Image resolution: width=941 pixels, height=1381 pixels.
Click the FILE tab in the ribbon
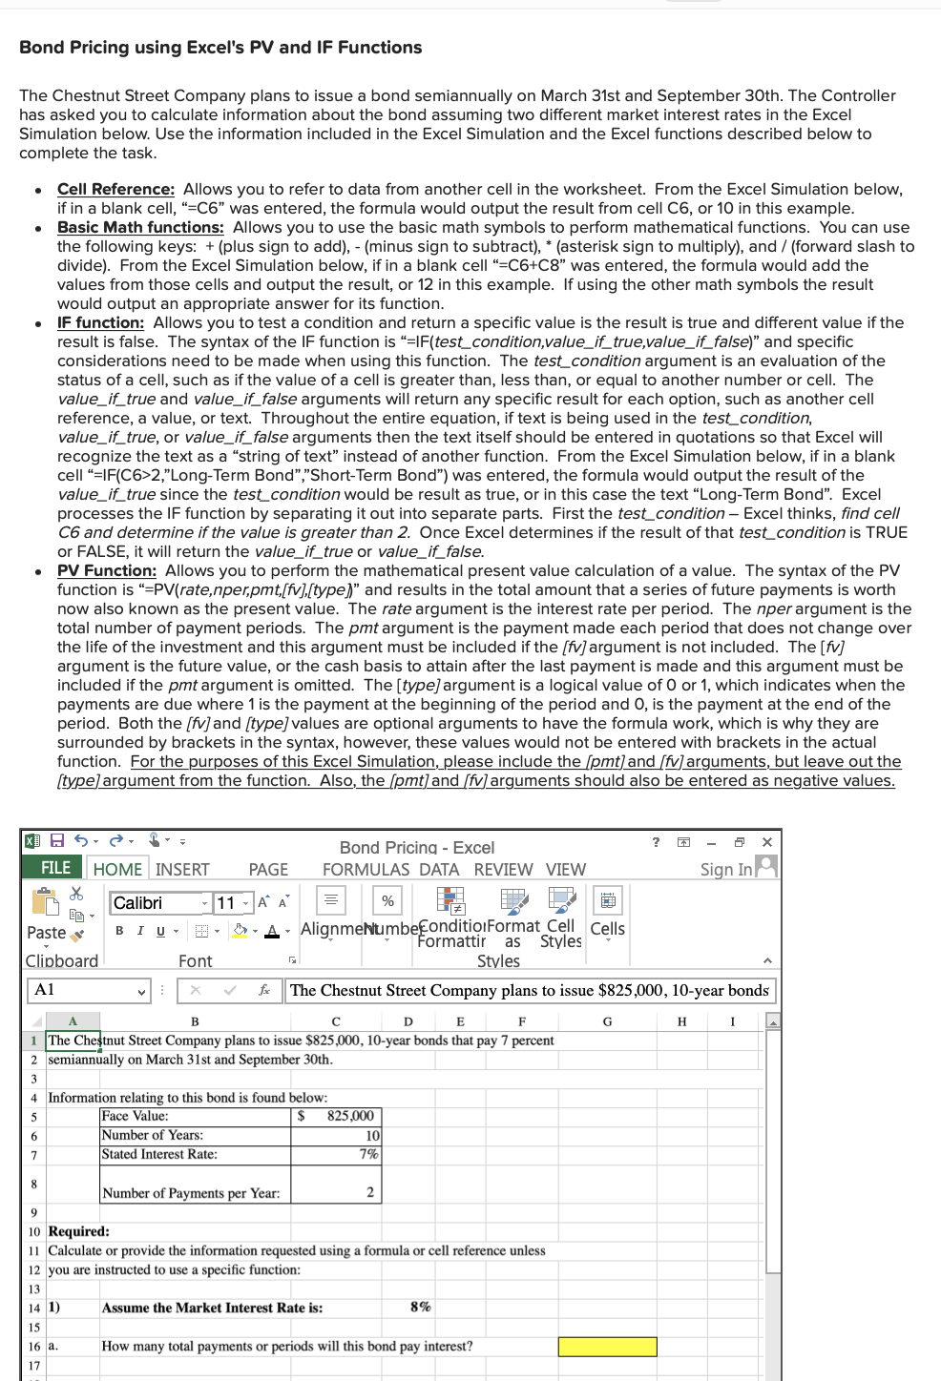pyautogui.click(x=55, y=868)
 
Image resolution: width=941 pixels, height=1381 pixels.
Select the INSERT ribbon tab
pyautogui.click(x=182, y=869)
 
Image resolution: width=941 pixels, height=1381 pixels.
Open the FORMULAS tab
pyautogui.click(x=366, y=869)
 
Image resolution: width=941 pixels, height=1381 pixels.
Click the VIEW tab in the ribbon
pyautogui.click(x=565, y=869)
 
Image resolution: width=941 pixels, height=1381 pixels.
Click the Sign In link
pyautogui.click(x=726, y=869)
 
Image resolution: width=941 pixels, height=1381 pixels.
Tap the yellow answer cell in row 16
pyautogui.click(x=607, y=1346)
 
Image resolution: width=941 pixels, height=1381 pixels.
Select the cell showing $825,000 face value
pyautogui.click(x=336, y=1116)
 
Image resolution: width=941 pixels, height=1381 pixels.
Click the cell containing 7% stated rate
pyautogui.click(x=336, y=1154)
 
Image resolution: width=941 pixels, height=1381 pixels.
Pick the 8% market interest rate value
pyautogui.click(x=420, y=1307)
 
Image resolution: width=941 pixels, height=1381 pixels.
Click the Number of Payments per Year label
pyautogui.click(x=191, y=1193)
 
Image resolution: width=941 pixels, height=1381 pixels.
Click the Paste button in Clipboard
pyautogui.click(x=46, y=932)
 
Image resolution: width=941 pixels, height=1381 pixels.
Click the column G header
pyautogui.click(x=607, y=1021)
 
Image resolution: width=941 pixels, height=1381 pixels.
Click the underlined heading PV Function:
pyautogui.click(x=106, y=570)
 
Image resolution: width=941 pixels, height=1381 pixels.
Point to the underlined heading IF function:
pyautogui.click(x=100, y=322)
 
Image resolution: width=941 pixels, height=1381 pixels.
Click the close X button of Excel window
pyautogui.click(x=767, y=842)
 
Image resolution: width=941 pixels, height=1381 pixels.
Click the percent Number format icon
pyautogui.click(x=387, y=901)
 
